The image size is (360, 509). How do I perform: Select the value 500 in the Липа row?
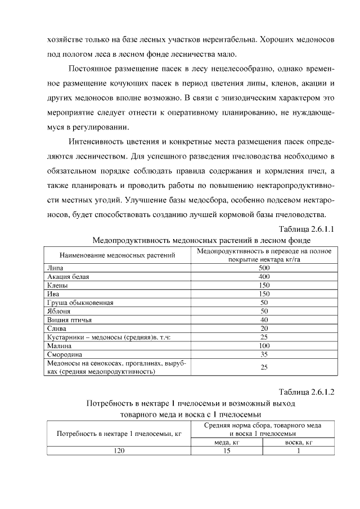pyautogui.click(x=264, y=268)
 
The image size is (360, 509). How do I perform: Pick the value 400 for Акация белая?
pyautogui.click(x=264, y=277)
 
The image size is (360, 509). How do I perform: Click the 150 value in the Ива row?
pyautogui.click(x=264, y=294)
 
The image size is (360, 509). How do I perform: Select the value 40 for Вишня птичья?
pyautogui.click(x=264, y=319)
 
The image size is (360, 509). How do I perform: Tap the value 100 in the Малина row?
pyautogui.click(x=264, y=345)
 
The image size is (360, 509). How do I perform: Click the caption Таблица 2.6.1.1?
pyautogui.click(x=307, y=229)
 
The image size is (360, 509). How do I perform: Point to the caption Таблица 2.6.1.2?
pyautogui.click(x=307, y=391)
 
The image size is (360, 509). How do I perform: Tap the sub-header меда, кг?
pyautogui.click(x=228, y=442)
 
